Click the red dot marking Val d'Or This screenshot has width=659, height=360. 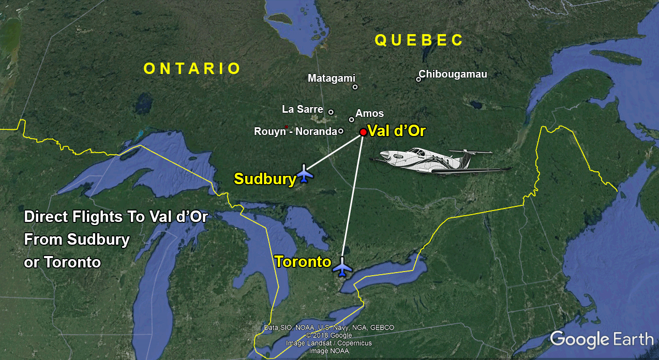pyautogui.click(x=363, y=132)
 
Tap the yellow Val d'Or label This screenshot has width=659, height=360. pyautogui.click(x=396, y=131)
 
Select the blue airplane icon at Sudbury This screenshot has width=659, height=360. pyautogui.click(x=305, y=173)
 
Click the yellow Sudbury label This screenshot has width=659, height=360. pyautogui.click(x=265, y=179)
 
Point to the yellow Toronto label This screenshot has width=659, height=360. pyautogui.click(x=303, y=262)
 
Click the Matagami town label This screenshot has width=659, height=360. pyautogui.click(x=332, y=78)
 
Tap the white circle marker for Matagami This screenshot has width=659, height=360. pyautogui.click(x=355, y=87)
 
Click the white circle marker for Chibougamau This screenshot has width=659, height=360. pyautogui.click(x=418, y=79)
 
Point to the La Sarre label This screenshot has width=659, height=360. pyautogui.click(x=303, y=109)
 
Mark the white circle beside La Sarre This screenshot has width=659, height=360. pyautogui.click(x=331, y=112)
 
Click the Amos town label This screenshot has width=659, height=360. pyautogui.click(x=370, y=113)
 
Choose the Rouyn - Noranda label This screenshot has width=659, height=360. pyautogui.click(x=295, y=131)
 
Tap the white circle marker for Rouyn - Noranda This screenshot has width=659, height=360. pyautogui.click(x=340, y=131)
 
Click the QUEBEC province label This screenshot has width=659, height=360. pyautogui.click(x=419, y=40)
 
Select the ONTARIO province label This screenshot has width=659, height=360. pyautogui.click(x=192, y=68)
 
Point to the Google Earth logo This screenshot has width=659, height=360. pyautogui.click(x=602, y=339)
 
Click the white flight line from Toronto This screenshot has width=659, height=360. pyautogui.click(x=352, y=197)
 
